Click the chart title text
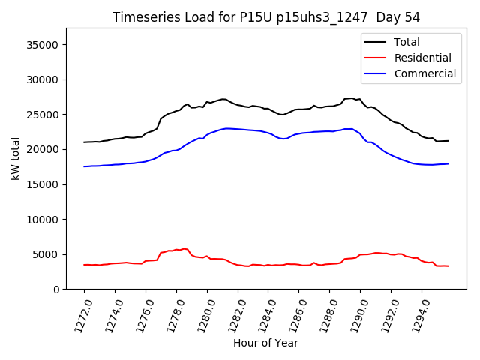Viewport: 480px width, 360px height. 266,16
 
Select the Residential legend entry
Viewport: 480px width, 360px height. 422,58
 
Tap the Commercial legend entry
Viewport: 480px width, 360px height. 424,73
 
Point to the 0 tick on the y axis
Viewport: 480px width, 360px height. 57,289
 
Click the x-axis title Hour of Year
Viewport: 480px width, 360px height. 265,343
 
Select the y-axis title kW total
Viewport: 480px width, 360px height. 15,159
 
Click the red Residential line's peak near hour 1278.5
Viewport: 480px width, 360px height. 184,248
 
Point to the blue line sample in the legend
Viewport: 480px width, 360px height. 376,73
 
